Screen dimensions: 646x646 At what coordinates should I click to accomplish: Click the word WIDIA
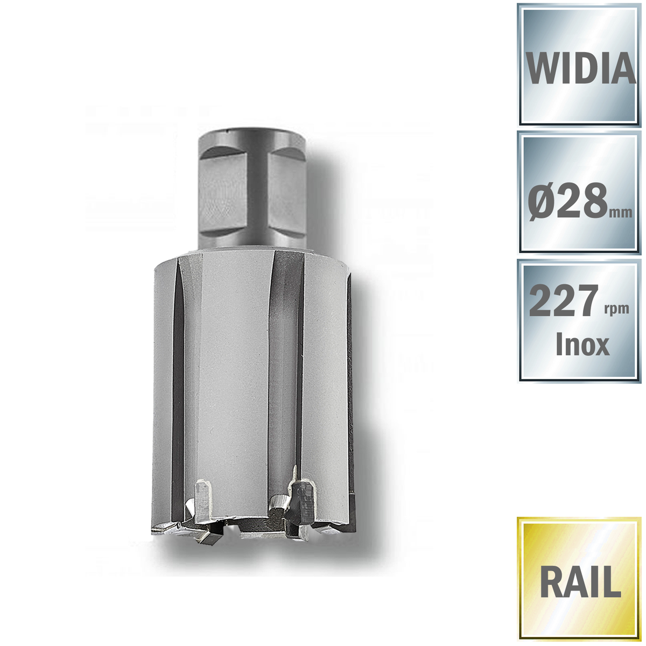tap(581, 67)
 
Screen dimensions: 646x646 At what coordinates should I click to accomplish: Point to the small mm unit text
tap(621, 212)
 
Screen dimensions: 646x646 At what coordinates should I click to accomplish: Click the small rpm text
tap(616, 309)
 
